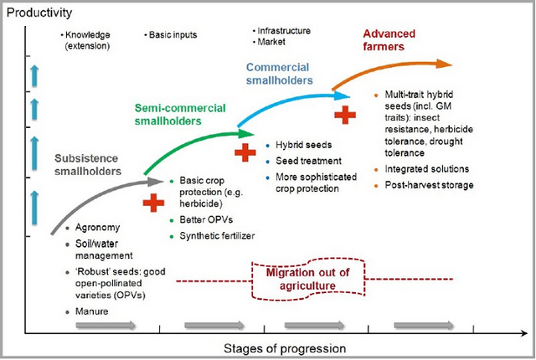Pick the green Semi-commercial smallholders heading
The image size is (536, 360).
point(170,115)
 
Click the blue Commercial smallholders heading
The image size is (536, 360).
point(280,74)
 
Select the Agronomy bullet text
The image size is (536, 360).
point(97,227)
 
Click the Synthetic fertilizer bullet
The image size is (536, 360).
point(217,235)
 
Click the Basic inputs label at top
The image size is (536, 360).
point(173,35)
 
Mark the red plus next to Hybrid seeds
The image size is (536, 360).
point(244,153)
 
